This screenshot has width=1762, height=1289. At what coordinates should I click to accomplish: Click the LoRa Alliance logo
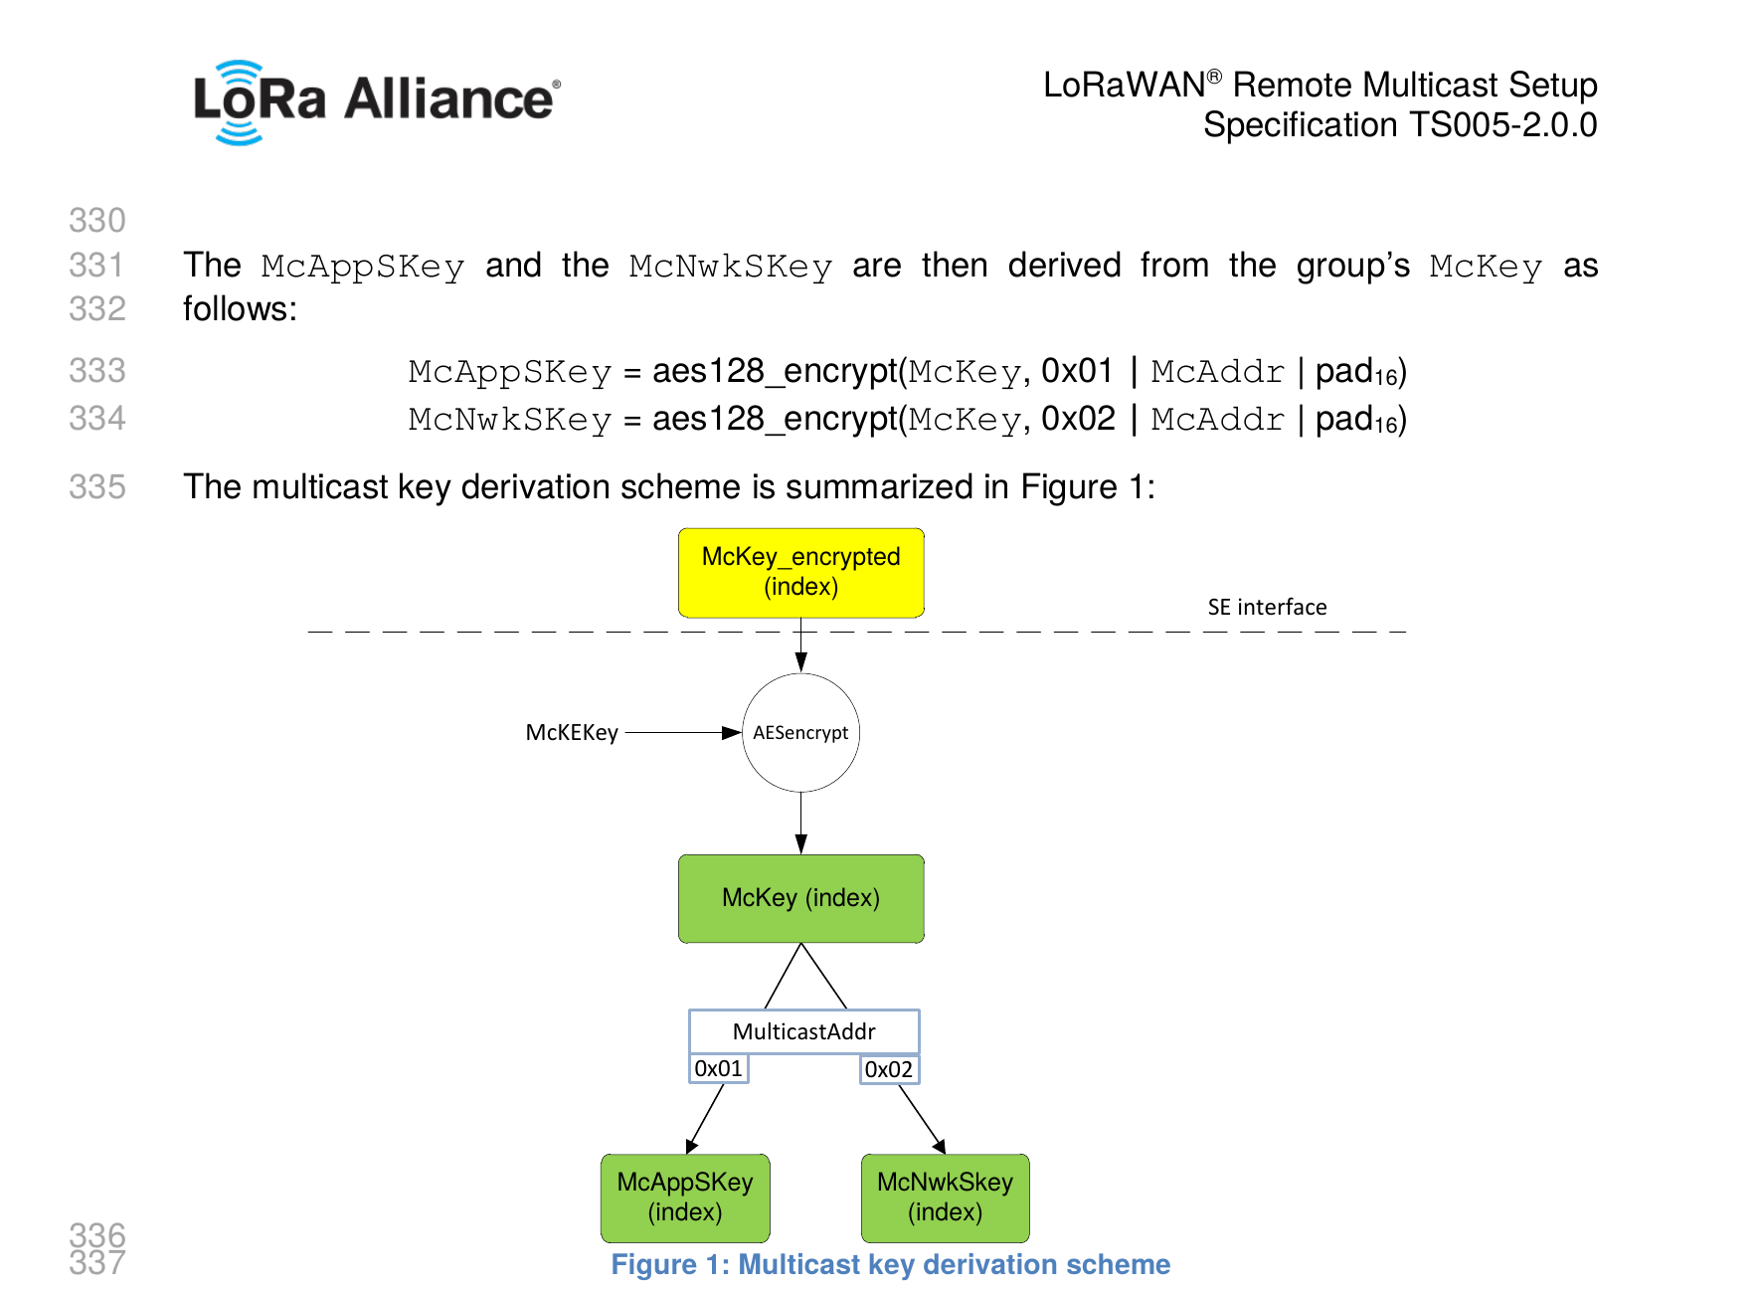tap(376, 101)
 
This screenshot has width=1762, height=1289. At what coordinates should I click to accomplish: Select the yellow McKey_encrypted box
tap(800, 572)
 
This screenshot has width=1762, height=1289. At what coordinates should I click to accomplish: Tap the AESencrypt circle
tap(800, 733)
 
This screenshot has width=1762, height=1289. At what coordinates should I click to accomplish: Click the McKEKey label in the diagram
tap(572, 733)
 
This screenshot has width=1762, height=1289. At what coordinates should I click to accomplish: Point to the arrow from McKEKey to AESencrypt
tap(682, 733)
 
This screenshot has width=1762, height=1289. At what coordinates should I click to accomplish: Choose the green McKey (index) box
tap(800, 898)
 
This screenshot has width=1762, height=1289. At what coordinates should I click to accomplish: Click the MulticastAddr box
tap(803, 1031)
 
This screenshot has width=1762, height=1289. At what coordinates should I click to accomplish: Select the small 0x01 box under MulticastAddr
tap(718, 1069)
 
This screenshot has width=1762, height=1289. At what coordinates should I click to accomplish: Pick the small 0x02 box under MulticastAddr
tap(888, 1069)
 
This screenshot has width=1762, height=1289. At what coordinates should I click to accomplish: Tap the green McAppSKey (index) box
tap(685, 1197)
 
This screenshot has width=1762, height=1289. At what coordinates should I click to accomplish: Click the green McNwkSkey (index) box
tap(945, 1197)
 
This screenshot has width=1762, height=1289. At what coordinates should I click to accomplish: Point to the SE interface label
tap(1267, 607)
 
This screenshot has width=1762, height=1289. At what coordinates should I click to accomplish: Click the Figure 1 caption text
tap(890, 1264)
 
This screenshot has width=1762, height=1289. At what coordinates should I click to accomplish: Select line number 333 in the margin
tap(97, 371)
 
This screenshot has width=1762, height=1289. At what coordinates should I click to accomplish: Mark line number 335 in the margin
tap(97, 487)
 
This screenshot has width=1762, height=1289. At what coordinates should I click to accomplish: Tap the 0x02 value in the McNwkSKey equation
tap(1078, 419)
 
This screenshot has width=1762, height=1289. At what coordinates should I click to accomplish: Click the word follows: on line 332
tap(240, 309)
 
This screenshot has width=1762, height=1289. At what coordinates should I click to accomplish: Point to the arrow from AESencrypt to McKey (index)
tap(800, 823)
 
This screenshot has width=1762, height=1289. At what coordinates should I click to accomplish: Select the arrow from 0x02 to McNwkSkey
tap(922, 1119)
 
